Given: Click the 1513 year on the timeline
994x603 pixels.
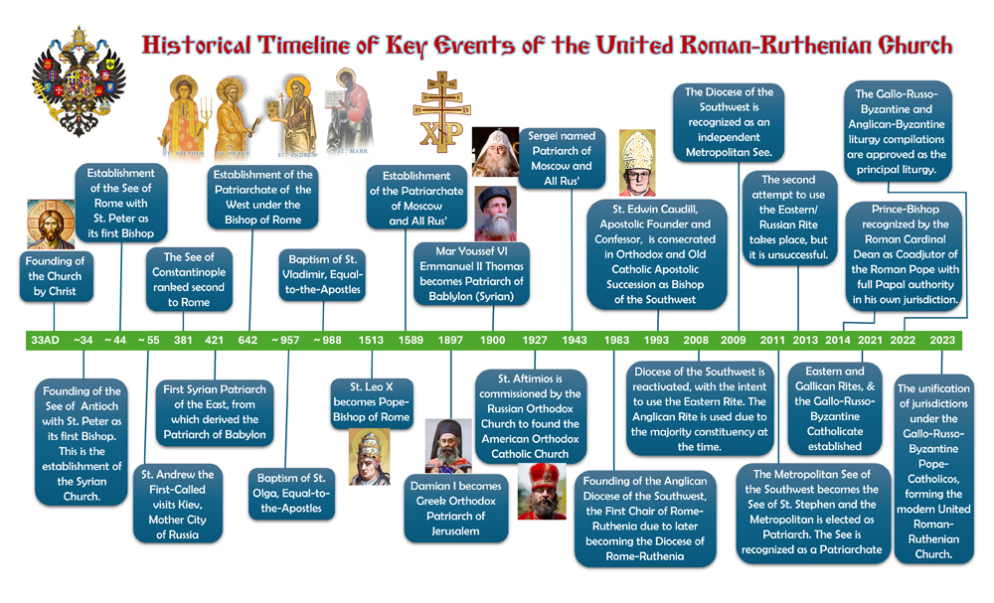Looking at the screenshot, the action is [371, 340].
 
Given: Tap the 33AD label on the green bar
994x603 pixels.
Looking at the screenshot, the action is [45, 340].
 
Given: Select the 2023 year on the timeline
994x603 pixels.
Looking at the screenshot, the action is [942, 340].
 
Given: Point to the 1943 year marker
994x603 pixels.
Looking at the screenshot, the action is [575, 340].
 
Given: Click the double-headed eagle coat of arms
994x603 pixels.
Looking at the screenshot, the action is [79, 81].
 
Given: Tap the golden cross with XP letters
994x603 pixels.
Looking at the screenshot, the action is [442, 111].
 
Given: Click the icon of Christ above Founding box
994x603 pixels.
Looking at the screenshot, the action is [51, 225].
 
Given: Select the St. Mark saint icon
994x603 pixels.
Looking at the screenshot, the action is [350, 111].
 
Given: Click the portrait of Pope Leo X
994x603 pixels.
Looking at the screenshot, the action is [369, 457].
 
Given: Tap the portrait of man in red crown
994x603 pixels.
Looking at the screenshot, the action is [542, 492].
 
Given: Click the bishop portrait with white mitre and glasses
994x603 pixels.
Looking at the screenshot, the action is [637, 163].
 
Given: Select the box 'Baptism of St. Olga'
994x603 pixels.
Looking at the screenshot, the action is [291, 494].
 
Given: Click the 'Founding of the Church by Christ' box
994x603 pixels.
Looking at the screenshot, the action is [55, 276].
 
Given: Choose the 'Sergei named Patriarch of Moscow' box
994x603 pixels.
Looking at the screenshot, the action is [562, 158].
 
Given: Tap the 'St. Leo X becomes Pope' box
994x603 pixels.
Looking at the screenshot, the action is [372, 402].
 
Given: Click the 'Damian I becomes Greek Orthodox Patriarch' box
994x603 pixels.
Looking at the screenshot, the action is [456, 509].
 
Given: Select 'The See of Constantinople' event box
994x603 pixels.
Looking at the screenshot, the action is [189, 279].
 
